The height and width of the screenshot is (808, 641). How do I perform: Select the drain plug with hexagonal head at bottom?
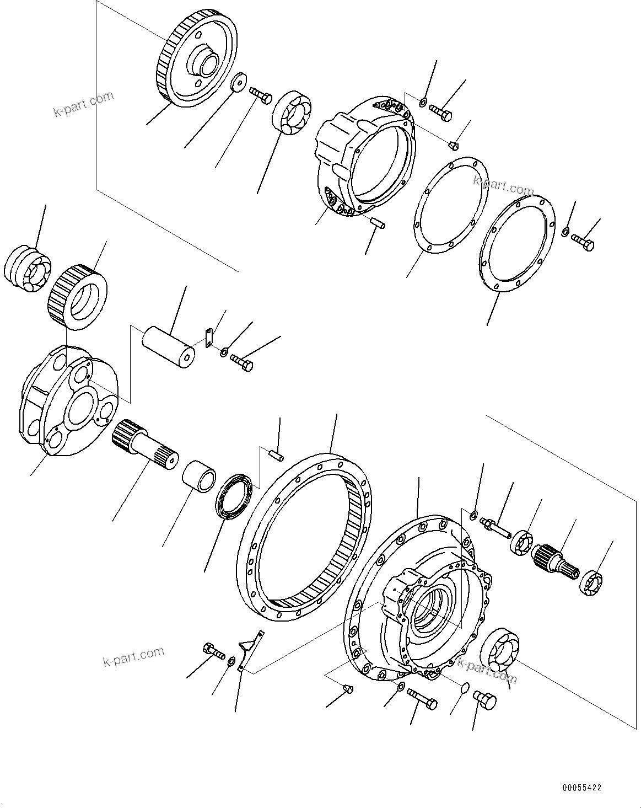click(x=484, y=700)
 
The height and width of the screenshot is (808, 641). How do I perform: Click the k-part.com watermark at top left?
click(x=83, y=104)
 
